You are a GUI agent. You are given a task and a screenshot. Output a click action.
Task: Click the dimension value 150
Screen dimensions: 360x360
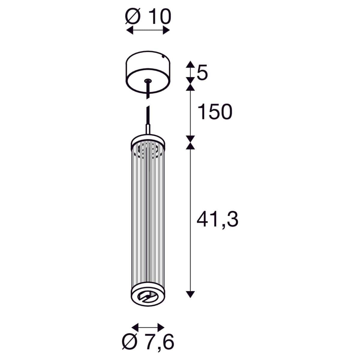(215, 112)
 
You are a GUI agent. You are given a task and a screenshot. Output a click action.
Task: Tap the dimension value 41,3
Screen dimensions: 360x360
(217, 220)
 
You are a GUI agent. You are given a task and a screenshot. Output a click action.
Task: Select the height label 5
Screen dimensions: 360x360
(202, 72)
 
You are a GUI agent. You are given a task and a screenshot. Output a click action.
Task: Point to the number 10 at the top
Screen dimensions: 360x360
(160, 16)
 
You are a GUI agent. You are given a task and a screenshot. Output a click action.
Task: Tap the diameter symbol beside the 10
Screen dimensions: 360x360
(133, 16)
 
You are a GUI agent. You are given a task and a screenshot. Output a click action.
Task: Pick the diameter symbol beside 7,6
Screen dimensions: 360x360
(130, 342)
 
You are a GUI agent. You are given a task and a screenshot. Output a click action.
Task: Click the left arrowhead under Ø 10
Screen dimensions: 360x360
(130, 30)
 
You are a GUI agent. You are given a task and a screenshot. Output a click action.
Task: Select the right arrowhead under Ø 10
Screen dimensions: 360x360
(166, 30)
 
